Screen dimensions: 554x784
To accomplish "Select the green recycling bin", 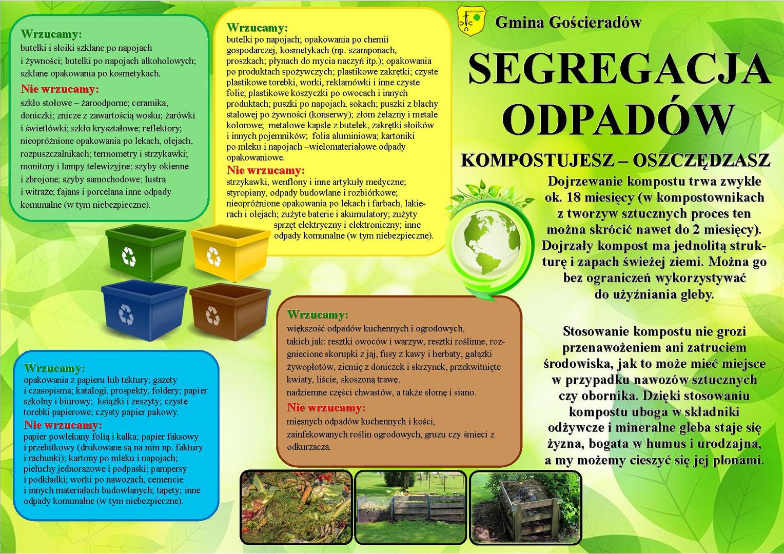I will point(145,251).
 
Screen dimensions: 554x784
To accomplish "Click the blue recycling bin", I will point(143,310).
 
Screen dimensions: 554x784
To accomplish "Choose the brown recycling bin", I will point(229,310).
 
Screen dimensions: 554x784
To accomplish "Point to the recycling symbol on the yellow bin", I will point(213,254).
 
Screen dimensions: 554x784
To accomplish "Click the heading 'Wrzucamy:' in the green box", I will point(51,34).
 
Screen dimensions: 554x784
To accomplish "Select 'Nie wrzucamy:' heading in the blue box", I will point(63,425).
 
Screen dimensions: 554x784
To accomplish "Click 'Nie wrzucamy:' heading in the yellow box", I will point(265,170).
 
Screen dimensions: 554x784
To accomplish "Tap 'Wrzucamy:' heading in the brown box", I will point(317,314).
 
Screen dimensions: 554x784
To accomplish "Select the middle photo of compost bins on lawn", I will point(410,506).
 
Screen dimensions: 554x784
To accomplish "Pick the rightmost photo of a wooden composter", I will point(525,506).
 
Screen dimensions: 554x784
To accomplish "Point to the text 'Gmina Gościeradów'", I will point(568,23).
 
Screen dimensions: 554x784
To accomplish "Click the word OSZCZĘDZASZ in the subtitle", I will point(701,161).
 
